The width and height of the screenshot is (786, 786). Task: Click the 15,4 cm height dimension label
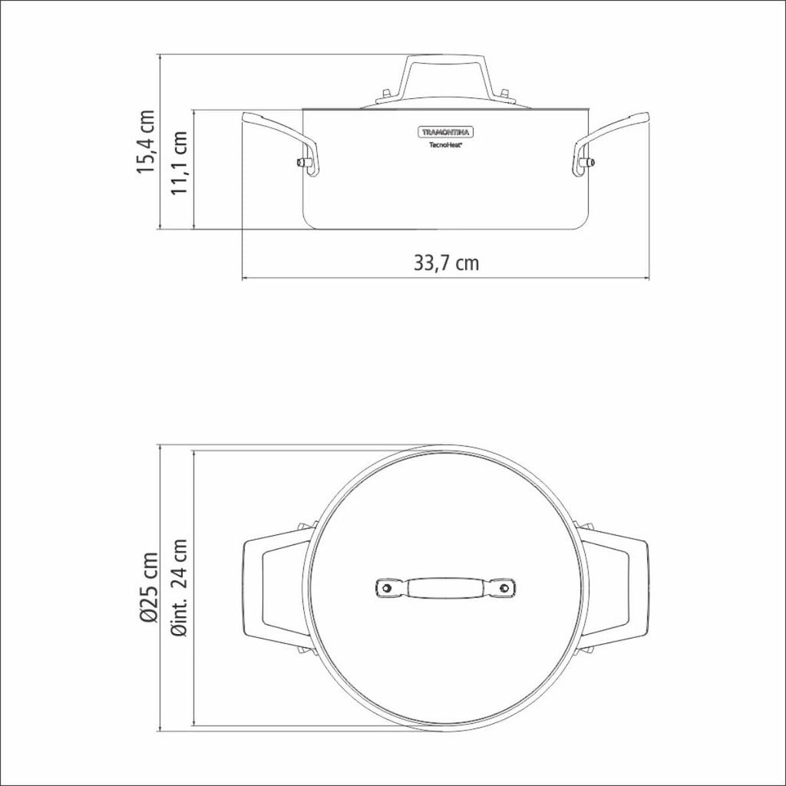147,141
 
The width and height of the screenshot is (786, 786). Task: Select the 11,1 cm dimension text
179,163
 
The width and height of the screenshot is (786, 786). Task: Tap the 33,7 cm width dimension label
446,263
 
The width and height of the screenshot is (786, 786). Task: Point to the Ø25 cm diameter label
149,587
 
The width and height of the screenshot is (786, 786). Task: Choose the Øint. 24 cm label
179,587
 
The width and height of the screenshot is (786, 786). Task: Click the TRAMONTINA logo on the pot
445,132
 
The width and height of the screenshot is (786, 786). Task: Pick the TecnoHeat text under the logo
445,145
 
